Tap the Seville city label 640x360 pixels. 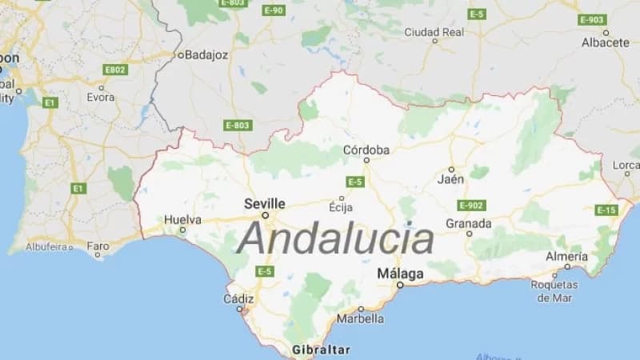click(x=264, y=203)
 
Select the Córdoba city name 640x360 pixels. click(x=366, y=150)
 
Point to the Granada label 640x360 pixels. click(x=468, y=222)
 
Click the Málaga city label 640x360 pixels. click(x=400, y=273)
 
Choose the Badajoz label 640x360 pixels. click(x=206, y=55)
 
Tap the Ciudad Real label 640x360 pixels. click(x=434, y=32)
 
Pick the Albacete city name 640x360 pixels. click(x=606, y=42)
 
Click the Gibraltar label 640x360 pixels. click(x=322, y=350)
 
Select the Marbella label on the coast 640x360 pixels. click(x=360, y=318)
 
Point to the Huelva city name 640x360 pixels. click(x=182, y=219)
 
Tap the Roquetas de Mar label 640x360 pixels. click(x=554, y=291)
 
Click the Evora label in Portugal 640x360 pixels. click(x=101, y=98)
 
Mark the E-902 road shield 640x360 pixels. click(x=472, y=205)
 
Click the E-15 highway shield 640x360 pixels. click(x=606, y=210)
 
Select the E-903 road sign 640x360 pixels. click(x=593, y=19)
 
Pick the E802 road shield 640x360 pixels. click(x=115, y=70)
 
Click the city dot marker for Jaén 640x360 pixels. click(x=451, y=170)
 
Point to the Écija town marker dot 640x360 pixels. click(x=342, y=198)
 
